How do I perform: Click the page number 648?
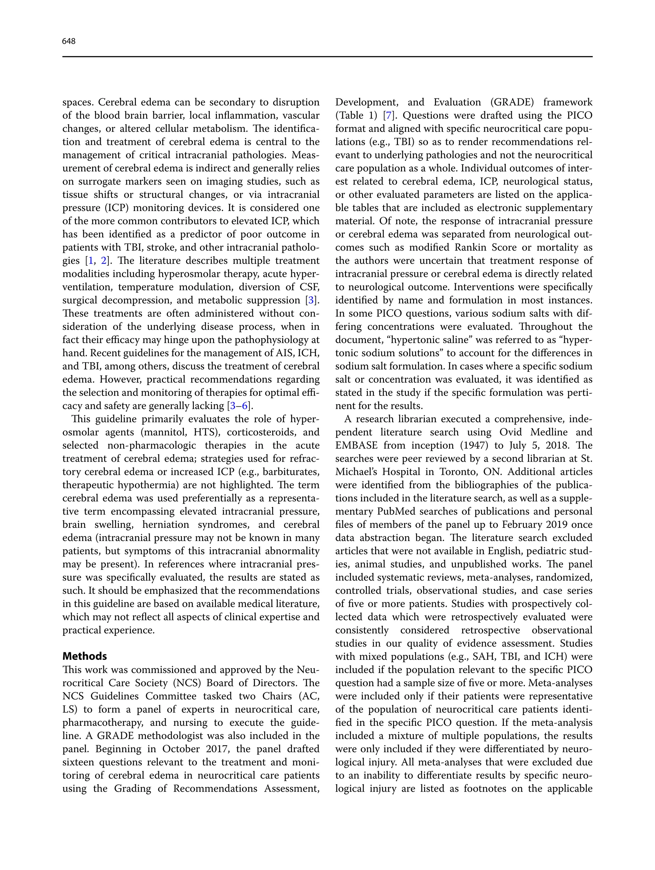[x=68, y=41]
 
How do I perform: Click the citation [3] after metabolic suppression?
[x=312, y=301]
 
